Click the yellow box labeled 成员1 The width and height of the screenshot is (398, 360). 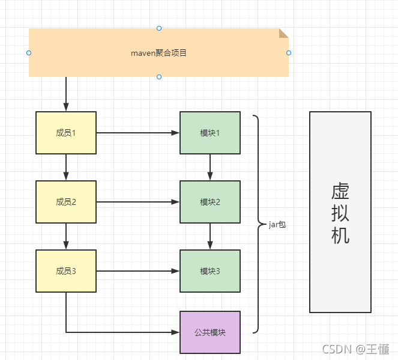tap(66, 133)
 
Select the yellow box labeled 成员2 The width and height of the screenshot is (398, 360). tap(66, 202)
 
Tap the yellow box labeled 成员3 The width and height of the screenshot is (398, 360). tap(66, 271)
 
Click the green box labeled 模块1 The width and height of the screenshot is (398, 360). tap(210, 133)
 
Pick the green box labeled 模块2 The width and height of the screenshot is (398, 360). tap(210, 202)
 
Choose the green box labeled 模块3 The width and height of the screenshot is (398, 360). tap(210, 271)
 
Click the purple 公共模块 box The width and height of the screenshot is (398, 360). tap(210, 332)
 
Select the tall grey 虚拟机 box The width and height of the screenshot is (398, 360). tap(340, 212)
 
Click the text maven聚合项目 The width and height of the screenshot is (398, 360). tap(159, 53)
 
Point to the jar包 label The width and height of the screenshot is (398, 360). tap(277, 224)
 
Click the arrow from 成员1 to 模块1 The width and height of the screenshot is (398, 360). tap(138, 133)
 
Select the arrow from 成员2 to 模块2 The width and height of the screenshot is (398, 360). tap(138, 202)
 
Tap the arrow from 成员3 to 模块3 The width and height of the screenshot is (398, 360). tap(138, 271)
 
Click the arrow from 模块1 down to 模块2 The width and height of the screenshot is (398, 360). tap(210, 167)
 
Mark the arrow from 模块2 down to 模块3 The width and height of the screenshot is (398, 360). tap(210, 236)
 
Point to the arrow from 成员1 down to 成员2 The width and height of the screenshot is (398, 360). tap(66, 167)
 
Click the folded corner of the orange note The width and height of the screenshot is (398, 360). tap(284, 32)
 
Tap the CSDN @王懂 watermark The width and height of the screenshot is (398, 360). tap(356, 349)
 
